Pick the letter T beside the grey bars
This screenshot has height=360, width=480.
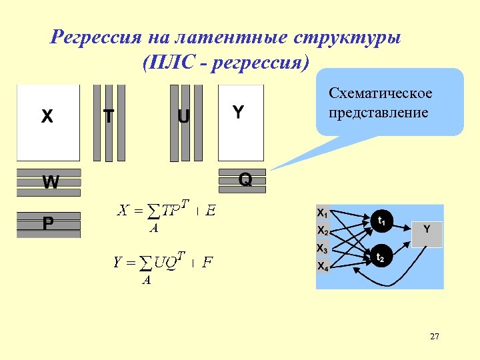pyautogui.click(x=108, y=117)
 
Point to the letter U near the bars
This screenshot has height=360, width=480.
pyautogui.click(x=183, y=117)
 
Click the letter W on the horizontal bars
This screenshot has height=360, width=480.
pyautogui.click(x=50, y=182)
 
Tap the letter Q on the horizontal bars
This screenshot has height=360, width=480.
pyautogui.click(x=245, y=180)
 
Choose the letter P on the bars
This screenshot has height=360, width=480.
pyautogui.click(x=48, y=224)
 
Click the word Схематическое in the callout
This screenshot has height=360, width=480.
pyautogui.click(x=381, y=93)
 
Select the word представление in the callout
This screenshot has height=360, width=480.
pyautogui.click(x=379, y=112)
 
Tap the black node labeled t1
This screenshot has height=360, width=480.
pyautogui.click(x=381, y=221)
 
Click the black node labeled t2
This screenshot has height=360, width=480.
pyautogui.click(x=380, y=257)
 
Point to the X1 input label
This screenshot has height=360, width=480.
pyautogui.click(x=322, y=213)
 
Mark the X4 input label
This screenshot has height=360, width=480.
pyautogui.click(x=322, y=267)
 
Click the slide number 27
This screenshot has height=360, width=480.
pyautogui.click(x=435, y=337)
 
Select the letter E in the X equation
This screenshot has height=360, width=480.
pyautogui.click(x=210, y=211)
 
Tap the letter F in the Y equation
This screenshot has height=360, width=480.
pyautogui.click(x=207, y=262)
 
